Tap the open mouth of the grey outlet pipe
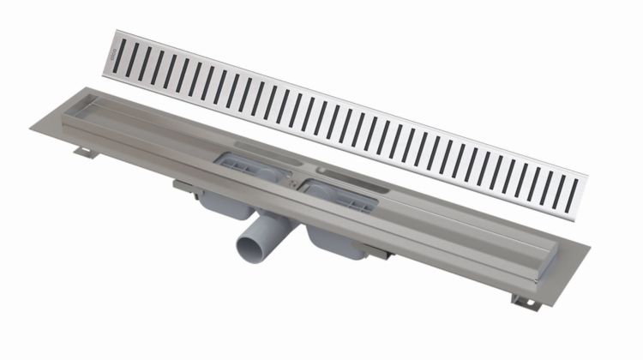245,254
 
